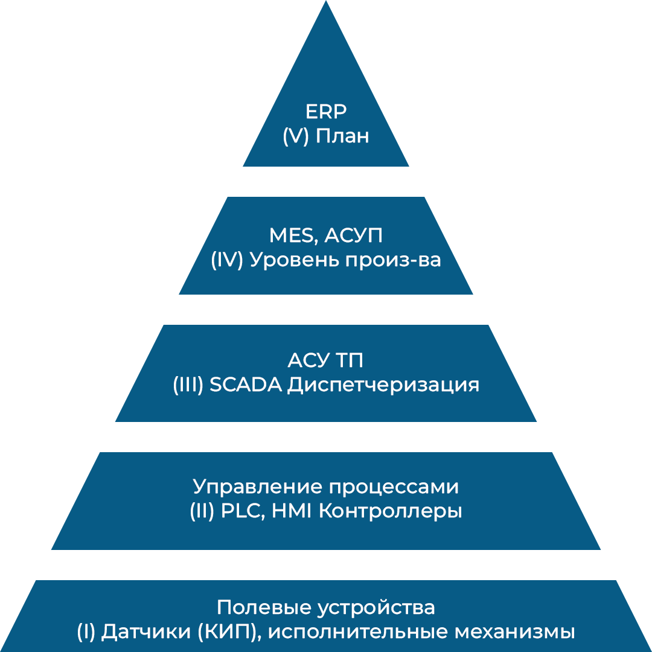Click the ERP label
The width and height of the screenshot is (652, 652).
point(326,112)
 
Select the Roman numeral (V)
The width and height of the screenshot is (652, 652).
point(296,136)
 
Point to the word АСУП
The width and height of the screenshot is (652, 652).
point(354,236)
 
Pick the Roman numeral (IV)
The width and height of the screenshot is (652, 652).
point(227,260)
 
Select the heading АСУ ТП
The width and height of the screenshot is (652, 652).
point(326,361)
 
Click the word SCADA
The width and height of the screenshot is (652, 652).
point(246,385)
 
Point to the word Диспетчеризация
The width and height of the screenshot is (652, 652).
point(383,386)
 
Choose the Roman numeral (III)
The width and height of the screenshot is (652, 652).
point(188,385)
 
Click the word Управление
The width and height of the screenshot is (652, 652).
point(258,487)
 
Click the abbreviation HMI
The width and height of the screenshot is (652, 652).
point(292,511)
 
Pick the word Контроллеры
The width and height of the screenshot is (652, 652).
point(390,512)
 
